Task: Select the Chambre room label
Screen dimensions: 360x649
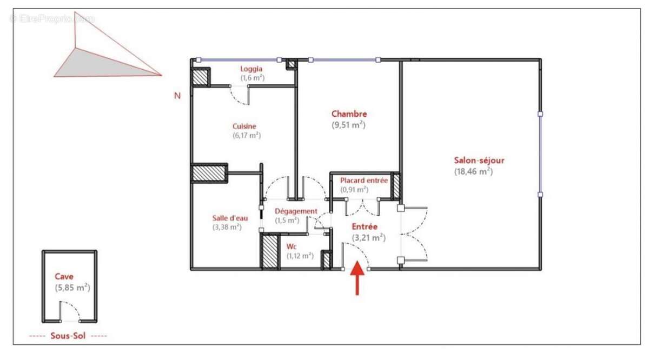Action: pos(349,114)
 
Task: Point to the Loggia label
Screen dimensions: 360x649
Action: pos(251,69)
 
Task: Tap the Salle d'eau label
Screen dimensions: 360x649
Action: pos(230,218)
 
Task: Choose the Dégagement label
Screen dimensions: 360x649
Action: pos(296,211)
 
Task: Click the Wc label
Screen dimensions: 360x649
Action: pos(291,246)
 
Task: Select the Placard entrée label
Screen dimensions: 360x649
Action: pos(363,181)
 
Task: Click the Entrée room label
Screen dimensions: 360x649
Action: pos(365,226)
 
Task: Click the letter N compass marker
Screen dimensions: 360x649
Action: pos(177,96)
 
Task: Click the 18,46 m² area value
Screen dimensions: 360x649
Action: pos(473,172)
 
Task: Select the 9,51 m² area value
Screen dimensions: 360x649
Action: pos(349,125)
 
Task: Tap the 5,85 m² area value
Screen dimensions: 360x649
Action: pos(72,288)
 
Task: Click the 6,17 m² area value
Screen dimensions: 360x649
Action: pos(247,136)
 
